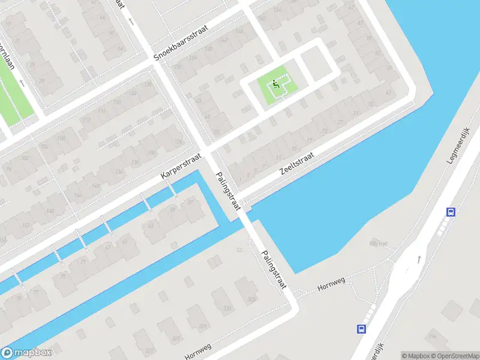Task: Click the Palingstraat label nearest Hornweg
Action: click(x=274, y=271)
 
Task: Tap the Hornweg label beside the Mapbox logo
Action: click(x=198, y=352)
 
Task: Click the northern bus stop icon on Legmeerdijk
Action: click(x=451, y=212)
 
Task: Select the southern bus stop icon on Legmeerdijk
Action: click(x=361, y=329)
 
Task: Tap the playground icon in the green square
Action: click(x=276, y=84)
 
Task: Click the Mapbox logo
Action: click(x=26, y=353)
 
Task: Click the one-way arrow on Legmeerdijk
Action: click(x=418, y=259)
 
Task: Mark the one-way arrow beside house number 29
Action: click(x=22, y=83)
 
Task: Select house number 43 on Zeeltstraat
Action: click(x=388, y=92)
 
